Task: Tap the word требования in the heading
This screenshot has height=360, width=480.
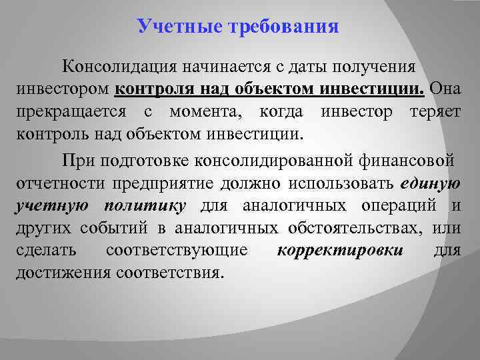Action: click(285, 27)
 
